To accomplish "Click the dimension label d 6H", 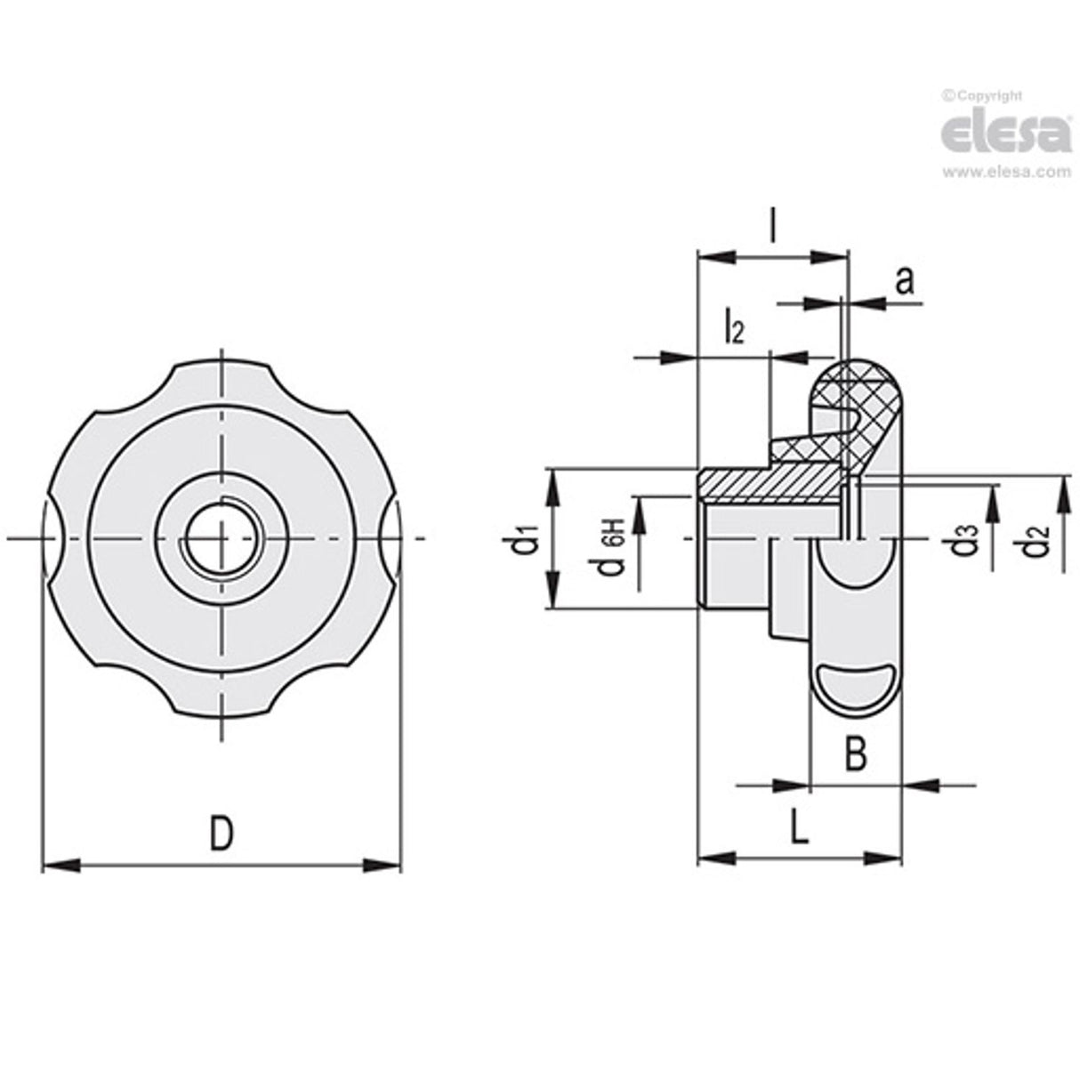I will pos(613,543).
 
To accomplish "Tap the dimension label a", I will pos(904,281).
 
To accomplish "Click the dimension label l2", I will pos(733,327).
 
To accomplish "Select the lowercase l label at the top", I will pos(772,229).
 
